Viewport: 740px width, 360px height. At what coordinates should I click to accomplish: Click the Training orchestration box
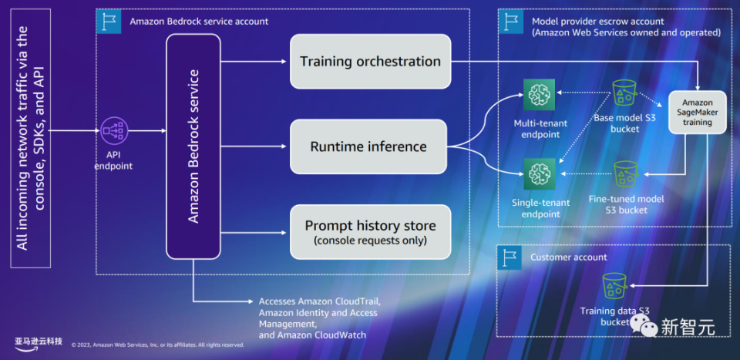point(371,62)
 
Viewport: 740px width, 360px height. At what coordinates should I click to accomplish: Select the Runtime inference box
point(368,146)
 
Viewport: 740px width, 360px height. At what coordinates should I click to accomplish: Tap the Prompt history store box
point(371,232)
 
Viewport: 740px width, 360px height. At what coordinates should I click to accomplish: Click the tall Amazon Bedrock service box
point(193,146)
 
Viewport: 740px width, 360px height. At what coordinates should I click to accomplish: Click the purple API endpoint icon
point(114,131)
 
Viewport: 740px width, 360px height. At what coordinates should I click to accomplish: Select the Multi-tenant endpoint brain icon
point(540,94)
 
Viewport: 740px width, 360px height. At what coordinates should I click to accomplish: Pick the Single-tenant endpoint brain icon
point(540,174)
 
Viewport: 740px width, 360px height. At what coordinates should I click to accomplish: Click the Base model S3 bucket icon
point(625,94)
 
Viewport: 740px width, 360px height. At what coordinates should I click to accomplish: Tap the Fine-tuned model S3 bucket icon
point(626,175)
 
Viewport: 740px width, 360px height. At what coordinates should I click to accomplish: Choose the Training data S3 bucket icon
point(614,287)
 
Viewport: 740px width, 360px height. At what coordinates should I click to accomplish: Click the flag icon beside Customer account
point(509,257)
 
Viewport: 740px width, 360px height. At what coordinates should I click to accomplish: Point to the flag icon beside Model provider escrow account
point(510,22)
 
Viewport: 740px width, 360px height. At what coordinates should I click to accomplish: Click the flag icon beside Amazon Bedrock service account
point(109,22)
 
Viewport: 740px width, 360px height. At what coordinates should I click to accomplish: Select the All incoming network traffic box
point(30,138)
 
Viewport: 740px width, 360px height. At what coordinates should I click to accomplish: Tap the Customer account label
point(569,257)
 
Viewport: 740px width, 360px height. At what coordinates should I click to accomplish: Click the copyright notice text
point(157,345)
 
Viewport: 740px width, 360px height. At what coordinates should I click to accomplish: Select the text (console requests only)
point(371,241)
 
